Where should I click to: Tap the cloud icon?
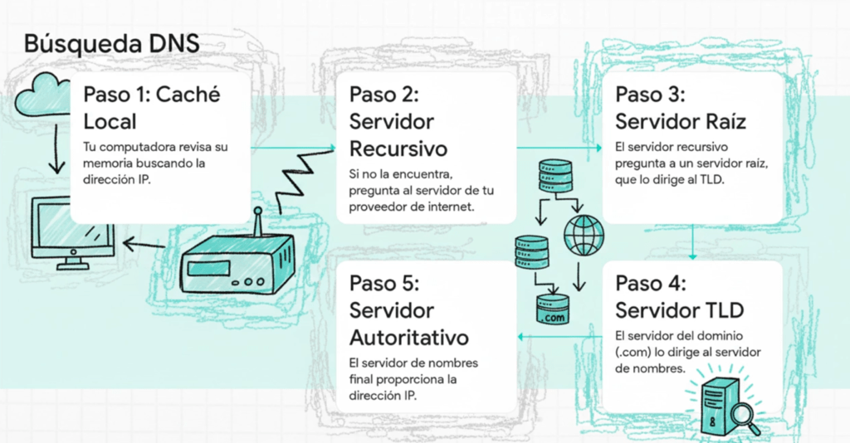pyautogui.click(x=42, y=95)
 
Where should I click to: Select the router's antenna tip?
pyautogui.click(x=258, y=210)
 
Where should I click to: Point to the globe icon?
pyautogui.click(x=584, y=235)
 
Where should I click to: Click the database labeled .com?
pyautogui.click(x=552, y=309)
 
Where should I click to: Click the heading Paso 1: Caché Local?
pyautogui.click(x=152, y=108)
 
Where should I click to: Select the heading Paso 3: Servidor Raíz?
pyautogui.click(x=681, y=108)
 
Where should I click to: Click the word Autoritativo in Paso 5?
pyautogui.click(x=408, y=338)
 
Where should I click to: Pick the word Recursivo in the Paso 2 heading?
pyautogui.click(x=398, y=148)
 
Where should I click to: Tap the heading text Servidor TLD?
pyautogui.click(x=679, y=310)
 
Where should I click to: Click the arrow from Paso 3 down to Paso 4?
pyautogui.click(x=692, y=242)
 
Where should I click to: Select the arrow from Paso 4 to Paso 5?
pyautogui.click(x=559, y=337)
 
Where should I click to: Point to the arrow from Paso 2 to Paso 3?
pyautogui.click(x=559, y=148)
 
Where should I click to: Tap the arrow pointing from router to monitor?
pyautogui.click(x=144, y=244)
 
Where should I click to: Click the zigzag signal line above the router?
pyautogui.click(x=305, y=181)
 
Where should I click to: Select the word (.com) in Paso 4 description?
pyautogui.click(x=633, y=352)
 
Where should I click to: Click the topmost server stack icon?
pyautogui.click(x=555, y=176)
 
